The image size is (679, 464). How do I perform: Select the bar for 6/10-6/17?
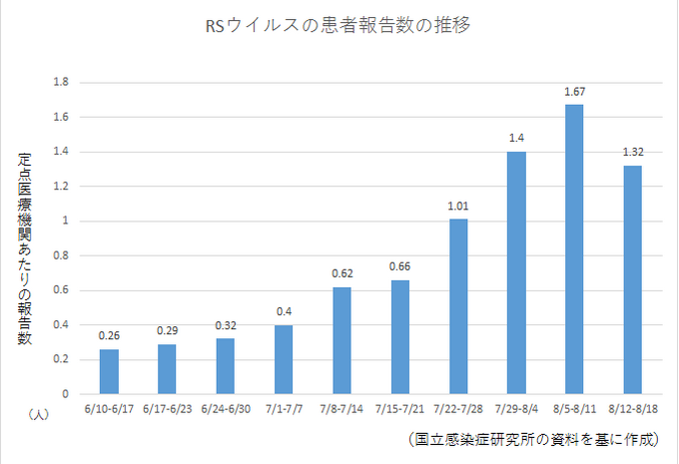(x=109, y=371)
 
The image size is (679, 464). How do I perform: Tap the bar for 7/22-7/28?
(x=458, y=306)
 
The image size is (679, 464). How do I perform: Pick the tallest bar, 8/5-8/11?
(x=574, y=249)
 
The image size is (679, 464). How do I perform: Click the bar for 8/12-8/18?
(x=632, y=279)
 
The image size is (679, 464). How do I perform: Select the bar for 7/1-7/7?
(x=284, y=359)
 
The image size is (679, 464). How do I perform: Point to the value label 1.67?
(x=574, y=92)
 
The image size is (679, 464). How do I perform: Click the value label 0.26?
(x=109, y=336)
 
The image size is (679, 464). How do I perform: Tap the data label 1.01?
(x=458, y=207)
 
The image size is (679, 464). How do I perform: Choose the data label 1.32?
(x=632, y=153)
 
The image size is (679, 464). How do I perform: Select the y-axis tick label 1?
(x=65, y=221)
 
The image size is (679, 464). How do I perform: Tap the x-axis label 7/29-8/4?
(x=516, y=408)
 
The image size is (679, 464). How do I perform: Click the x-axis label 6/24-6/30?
(x=226, y=408)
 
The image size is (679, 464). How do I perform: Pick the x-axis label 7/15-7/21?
(x=399, y=408)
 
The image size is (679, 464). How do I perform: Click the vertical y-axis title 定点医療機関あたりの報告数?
(x=24, y=249)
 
